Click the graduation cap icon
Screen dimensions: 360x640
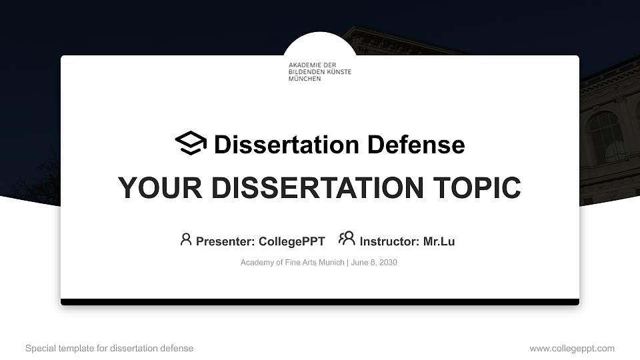(191, 143)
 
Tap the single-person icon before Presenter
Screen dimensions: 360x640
(186, 239)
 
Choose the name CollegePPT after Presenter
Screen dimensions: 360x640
(291, 241)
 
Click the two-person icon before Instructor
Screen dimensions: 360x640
(347, 238)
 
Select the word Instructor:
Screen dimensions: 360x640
(390, 241)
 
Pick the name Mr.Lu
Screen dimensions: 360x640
(439, 241)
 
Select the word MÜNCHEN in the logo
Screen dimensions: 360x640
(305, 79)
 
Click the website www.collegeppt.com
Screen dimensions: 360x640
(572, 348)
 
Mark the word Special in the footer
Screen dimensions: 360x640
(40, 348)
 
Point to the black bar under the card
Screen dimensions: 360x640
(320, 302)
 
